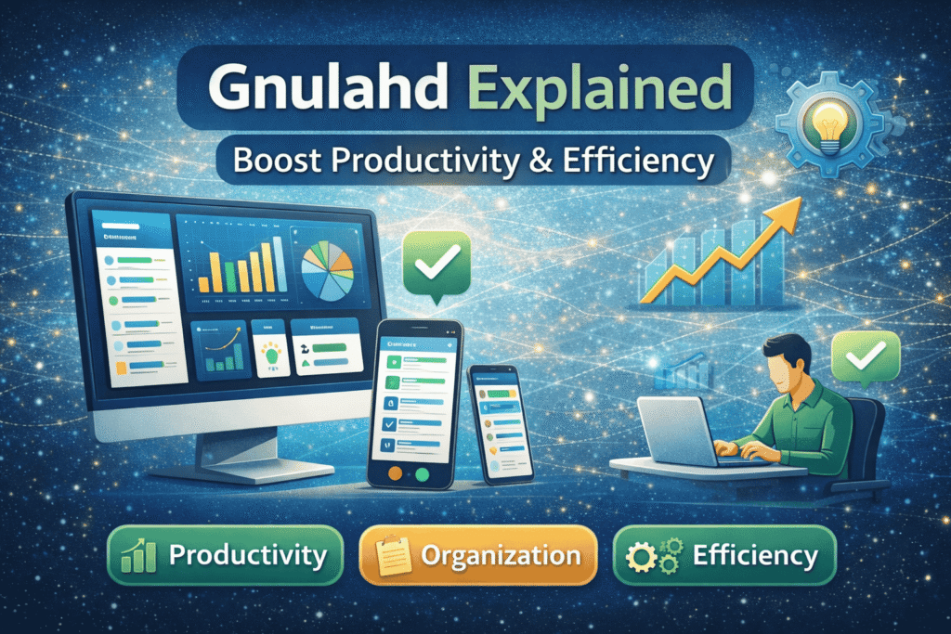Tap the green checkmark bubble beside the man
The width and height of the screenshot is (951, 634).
point(866,357)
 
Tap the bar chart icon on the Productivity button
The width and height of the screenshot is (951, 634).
point(140,556)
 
